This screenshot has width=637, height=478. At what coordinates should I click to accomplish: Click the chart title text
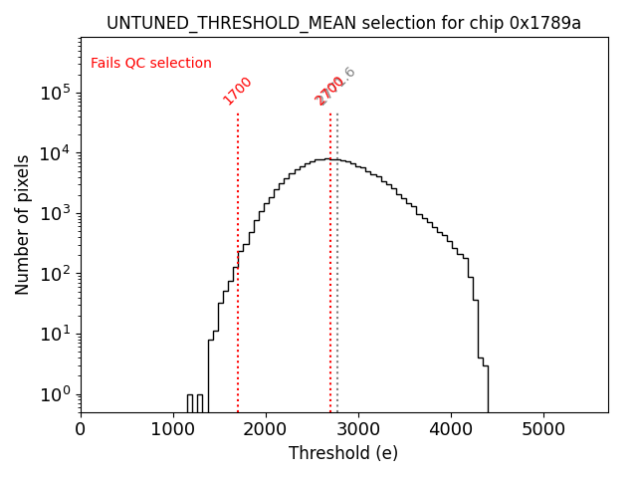click(343, 23)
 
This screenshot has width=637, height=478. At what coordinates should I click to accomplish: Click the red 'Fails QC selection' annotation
click(151, 64)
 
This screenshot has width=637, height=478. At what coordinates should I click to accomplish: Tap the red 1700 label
click(238, 91)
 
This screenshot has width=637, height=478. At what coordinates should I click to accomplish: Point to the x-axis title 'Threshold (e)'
click(343, 453)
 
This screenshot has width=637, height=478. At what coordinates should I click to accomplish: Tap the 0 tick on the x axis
click(81, 428)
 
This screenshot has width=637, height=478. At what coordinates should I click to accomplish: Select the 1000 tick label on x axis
click(173, 428)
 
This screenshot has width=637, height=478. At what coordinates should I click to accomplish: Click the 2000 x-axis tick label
click(266, 428)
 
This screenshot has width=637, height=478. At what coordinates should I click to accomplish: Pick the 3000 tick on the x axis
click(358, 428)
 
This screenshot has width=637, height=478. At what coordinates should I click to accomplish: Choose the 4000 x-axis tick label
click(451, 428)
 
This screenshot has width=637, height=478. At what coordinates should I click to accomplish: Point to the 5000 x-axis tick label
click(543, 428)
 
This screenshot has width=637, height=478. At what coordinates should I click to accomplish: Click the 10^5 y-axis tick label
click(56, 93)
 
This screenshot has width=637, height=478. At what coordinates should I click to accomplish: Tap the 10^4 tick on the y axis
click(56, 152)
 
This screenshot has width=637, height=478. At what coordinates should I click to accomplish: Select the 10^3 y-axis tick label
click(56, 213)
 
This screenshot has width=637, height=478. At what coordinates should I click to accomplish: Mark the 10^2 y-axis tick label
click(56, 274)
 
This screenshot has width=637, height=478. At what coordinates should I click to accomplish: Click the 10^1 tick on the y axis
click(56, 334)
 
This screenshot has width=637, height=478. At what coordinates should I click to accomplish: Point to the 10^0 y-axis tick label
click(56, 394)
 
